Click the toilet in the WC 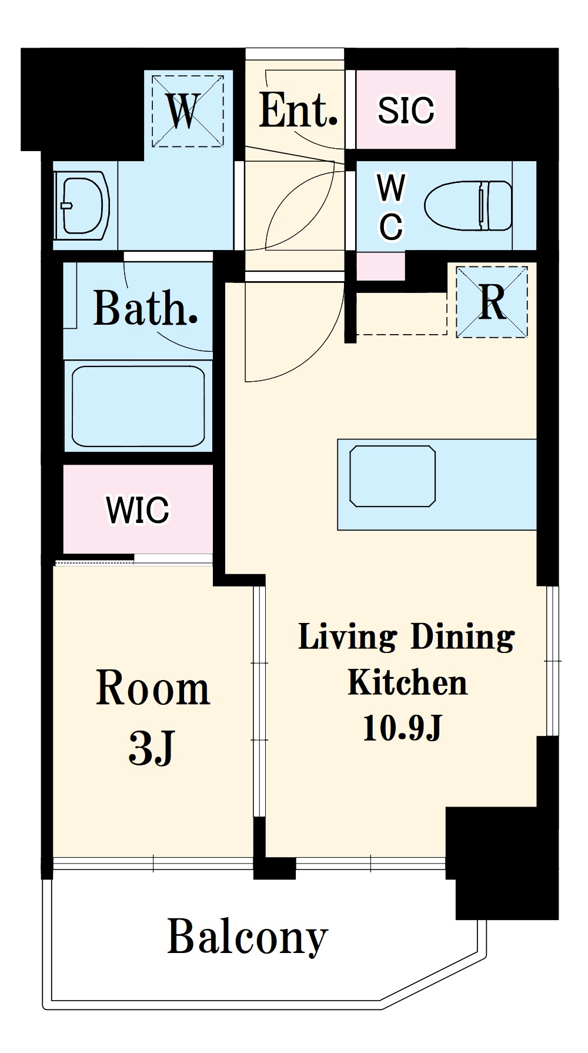(468, 205)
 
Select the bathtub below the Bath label (138, 406)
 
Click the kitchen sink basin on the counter (392, 476)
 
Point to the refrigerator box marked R (492, 302)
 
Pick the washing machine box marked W (188, 111)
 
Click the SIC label (406, 110)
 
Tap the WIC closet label (138, 509)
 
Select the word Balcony (248, 937)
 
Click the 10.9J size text (402, 728)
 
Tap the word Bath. (145, 308)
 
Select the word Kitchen (407, 682)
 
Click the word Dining (463, 638)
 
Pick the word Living (348, 638)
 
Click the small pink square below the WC (380, 266)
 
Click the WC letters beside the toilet (391, 207)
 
